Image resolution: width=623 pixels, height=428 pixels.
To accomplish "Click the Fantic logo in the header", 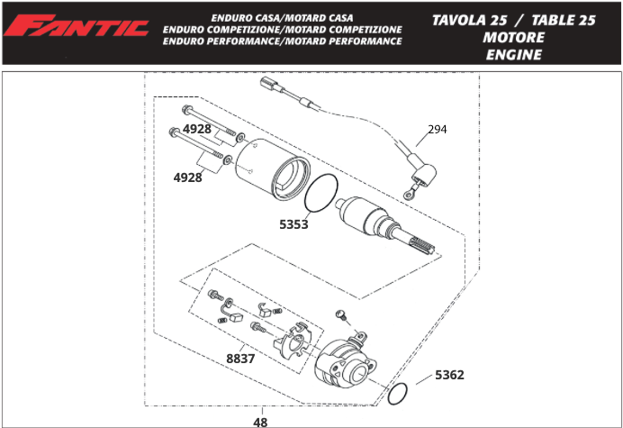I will [x=76, y=28].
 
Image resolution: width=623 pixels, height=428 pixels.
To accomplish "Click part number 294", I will [x=438, y=130].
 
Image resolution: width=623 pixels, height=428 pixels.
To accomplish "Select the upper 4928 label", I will [x=197, y=129].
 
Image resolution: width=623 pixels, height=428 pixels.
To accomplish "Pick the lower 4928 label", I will [x=188, y=178].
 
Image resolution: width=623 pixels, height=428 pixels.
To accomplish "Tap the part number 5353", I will [x=293, y=224].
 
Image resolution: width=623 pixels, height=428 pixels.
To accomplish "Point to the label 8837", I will [x=240, y=359].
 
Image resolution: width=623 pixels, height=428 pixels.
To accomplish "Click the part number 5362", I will [x=449, y=375].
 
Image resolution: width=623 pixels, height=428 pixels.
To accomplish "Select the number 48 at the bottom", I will [x=261, y=421].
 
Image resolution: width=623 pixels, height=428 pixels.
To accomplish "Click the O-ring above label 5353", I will [x=321, y=192].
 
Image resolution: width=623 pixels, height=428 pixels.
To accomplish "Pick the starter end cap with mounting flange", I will [x=347, y=362].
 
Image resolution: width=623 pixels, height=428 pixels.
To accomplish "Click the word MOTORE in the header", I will [x=513, y=38].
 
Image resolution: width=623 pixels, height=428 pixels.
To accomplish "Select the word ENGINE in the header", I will [x=513, y=55].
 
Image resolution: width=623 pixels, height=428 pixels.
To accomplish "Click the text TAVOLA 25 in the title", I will [x=468, y=19].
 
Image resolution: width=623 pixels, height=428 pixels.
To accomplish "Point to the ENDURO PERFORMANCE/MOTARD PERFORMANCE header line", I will [x=283, y=41].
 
